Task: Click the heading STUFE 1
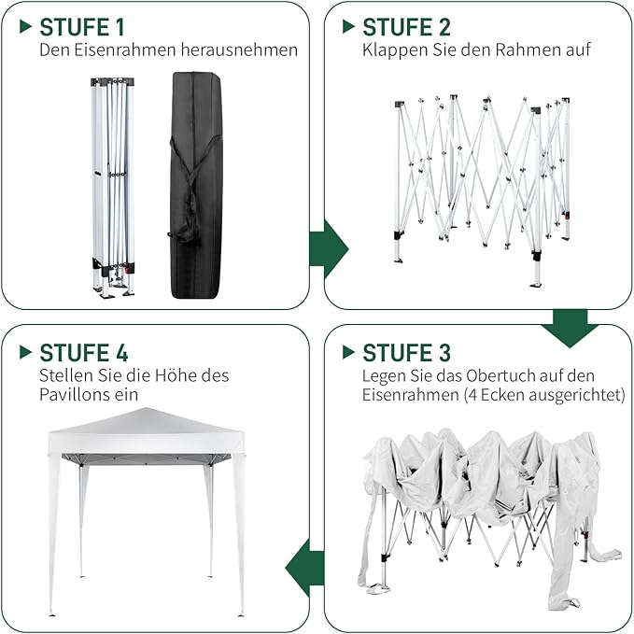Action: [x=82, y=27]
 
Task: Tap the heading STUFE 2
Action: [x=406, y=27]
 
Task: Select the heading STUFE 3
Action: [x=406, y=353]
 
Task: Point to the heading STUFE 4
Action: [x=84, y=353]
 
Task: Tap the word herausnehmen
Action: [x=239, y=50]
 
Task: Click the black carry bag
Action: [x=196, y=186]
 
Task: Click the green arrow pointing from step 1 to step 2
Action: [x=329, y=249]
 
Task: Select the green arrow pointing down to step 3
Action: [x=571, y=329]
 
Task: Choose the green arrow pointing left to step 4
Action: [x=304, y=568]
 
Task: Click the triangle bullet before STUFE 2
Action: [x=348, y=27]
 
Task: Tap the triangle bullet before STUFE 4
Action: [x=25, y=352]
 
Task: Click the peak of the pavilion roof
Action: [x=145, y=409]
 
